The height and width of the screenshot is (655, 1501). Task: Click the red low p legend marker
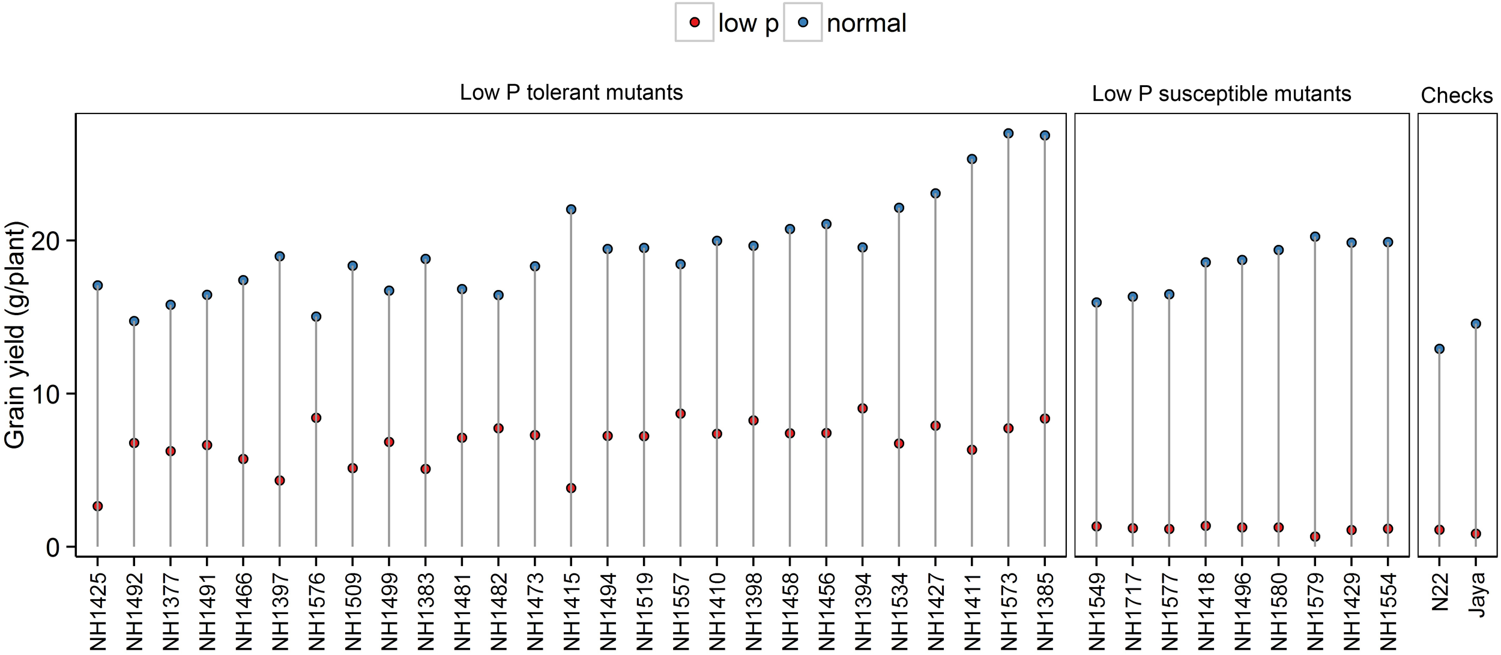point(695,23)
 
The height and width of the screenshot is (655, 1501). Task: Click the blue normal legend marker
point(803,23)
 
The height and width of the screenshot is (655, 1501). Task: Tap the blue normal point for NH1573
point(1008,133)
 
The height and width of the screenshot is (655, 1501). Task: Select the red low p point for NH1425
point(98,506)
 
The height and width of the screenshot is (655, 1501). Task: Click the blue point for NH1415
point(571,210)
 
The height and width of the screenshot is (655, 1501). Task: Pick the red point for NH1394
point(862,409)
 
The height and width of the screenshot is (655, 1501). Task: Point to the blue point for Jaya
point(1476,324)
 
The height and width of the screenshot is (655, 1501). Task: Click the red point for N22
point(1439,530)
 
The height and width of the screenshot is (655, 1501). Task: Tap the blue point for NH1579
point(1315,237)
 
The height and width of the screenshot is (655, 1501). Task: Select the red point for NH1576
point(316,418)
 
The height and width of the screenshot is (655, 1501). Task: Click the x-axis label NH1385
point(1045,611)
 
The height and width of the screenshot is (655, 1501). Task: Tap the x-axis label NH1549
point(1097,611)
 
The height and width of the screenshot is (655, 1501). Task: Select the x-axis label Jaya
point(1477,591)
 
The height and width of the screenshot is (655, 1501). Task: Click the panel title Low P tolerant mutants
point(571,93)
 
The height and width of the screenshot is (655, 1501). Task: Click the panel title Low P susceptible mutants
point(1221,94)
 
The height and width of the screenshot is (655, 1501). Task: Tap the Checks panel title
point(1457,96)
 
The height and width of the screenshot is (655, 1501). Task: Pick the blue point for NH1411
point(972,160)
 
